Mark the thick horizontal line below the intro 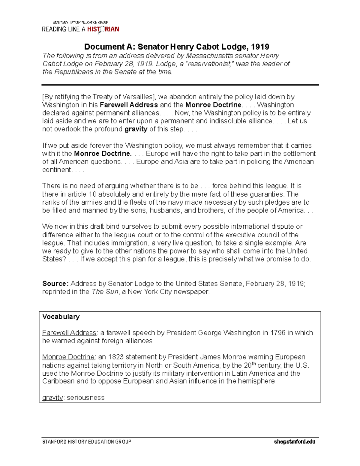pos(180,85)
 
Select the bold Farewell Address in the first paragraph pos(129,105)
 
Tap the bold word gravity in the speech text pos(136,129)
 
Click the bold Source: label pos(55,284)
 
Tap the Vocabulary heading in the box pos(61,317)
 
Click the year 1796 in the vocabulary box pos(277,333)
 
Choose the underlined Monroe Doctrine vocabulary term pos(68,357)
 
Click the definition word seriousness pos(85,398)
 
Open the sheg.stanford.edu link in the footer pos(294,442)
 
